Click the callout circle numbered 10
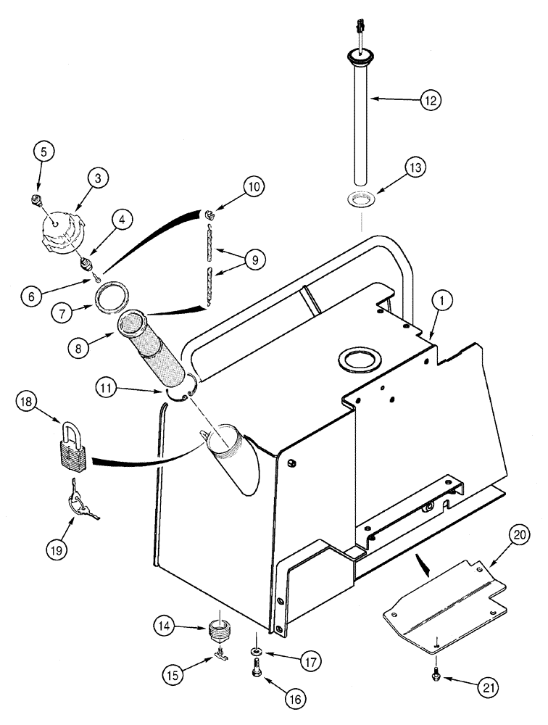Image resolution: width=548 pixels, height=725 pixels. point(253,186)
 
